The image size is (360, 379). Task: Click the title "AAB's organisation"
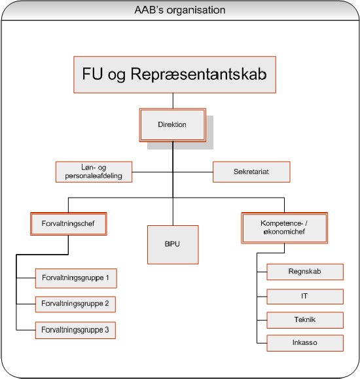tap(180, 10)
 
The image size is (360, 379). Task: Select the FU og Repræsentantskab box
tap(175, 75)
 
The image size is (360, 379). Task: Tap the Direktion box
tap(172, 125)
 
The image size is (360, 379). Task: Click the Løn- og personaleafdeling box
tap(94, 172)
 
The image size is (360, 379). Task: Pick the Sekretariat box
tap(251, 172)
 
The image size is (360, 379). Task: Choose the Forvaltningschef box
tap(69, 224)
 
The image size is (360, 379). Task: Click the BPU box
tap(173, 245)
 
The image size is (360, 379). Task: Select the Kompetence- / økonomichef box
tap(284, 228)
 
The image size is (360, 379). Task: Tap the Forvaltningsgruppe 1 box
tap(76, 278)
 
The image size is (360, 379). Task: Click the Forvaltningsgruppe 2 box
tap(75, 304)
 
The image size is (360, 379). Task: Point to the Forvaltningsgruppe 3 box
tap(75, 330)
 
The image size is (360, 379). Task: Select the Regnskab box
tap(305, 272)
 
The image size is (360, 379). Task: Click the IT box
tap(305, 297)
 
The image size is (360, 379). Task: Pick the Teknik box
tap(305, 320)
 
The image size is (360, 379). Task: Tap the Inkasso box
tap(305, 343)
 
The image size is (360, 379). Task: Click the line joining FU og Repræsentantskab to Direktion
tap(173, 101)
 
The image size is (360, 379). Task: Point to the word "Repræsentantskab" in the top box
tap(199, 74)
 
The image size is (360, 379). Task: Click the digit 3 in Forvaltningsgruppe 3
tap(107, 330)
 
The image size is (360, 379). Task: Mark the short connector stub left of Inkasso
tap(262, 343)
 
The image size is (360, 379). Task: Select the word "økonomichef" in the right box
tap(284, 232)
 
